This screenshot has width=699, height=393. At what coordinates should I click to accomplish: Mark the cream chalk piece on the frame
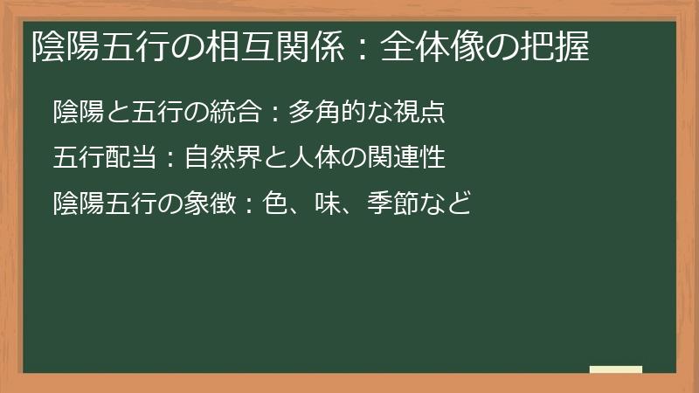tap(616, 370)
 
